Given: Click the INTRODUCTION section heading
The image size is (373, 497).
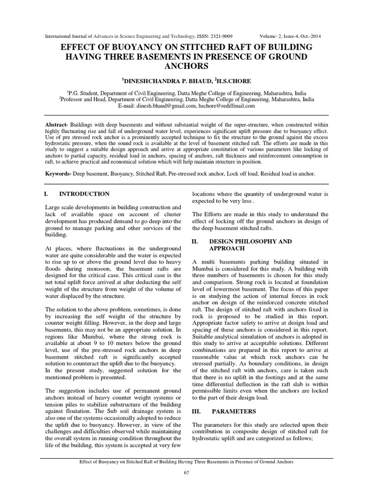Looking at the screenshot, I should [84, 194].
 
